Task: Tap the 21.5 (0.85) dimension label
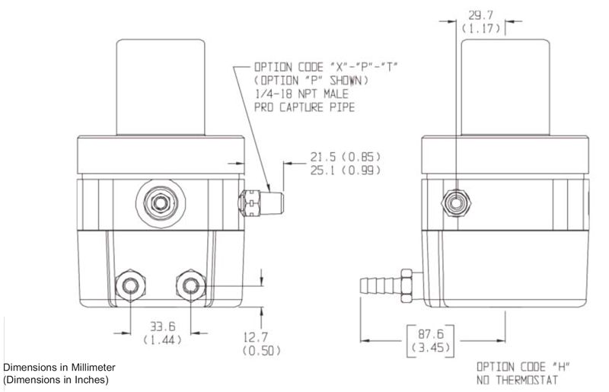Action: (345, 157)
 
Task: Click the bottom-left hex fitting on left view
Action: (127, 286)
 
